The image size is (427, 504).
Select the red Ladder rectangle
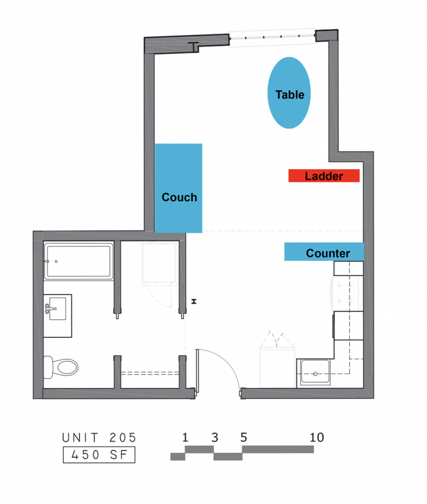click(324, 176)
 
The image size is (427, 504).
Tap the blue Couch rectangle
click(178, 188)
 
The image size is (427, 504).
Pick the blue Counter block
click(324, 251)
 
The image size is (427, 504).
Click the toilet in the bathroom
click(61, 367)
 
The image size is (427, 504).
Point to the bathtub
click(78, 261)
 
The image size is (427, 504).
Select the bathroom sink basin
click(58, 308)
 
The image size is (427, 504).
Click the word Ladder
click(324, 176)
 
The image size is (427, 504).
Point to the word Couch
click(179, 197)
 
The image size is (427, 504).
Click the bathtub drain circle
click(56, 261)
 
